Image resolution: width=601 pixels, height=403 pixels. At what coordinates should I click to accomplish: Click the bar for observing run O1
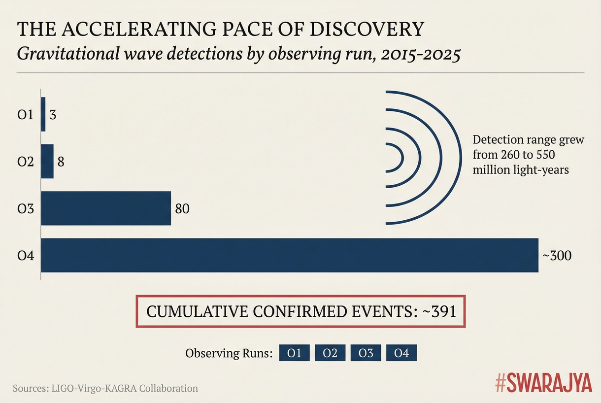click(43, 114)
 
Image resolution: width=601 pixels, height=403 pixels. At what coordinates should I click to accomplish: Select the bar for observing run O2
click(47, 161)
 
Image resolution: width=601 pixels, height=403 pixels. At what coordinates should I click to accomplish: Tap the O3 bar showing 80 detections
click(106, 208)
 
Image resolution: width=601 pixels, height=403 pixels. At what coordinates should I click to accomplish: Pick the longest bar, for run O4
click(290, 255)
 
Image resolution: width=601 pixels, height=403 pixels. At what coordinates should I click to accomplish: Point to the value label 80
click(182, 208)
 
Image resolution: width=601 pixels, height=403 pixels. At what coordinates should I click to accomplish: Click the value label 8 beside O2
click(61, 162)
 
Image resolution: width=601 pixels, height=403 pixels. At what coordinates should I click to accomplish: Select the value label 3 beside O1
click(53, 115)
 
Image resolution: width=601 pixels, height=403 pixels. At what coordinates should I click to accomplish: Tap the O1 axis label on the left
click(25, 115)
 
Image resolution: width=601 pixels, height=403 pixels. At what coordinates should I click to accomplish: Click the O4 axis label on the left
click(25, 256)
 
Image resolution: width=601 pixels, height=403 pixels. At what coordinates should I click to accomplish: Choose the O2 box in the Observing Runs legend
click(330, 353)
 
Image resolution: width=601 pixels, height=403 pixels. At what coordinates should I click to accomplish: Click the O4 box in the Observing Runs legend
click(401, 353)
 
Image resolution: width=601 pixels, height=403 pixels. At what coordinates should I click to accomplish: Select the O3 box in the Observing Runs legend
click(366, 353)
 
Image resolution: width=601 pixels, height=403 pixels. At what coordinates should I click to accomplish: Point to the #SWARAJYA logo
click(543, 383)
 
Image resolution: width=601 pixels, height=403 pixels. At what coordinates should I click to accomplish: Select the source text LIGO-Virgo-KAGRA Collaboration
click(125, 388)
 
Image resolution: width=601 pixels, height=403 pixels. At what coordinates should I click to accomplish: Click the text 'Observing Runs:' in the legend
click(229, 354)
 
